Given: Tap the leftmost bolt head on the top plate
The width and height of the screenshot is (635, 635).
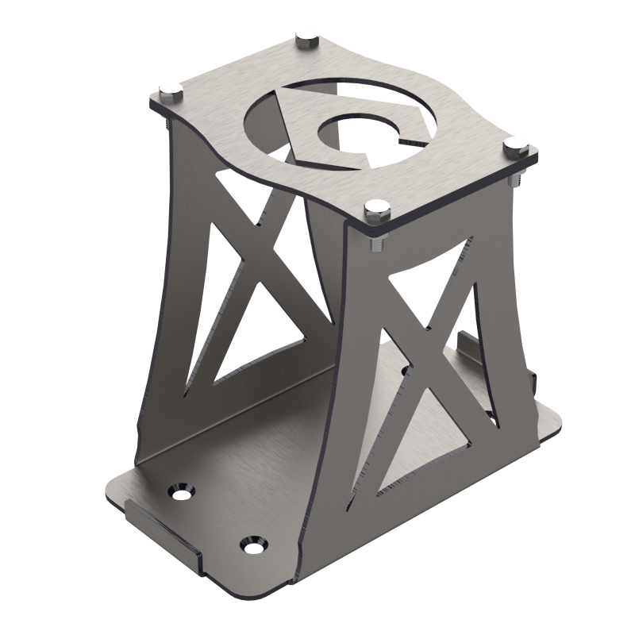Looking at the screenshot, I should pyautogui.click(x=169, y=90).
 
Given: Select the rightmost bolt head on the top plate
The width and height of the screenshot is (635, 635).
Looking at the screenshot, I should pyautogui.click(x=516, y=145).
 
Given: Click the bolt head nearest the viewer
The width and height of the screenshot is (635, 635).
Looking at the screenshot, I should pyautogui.click(x=376, y=210).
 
